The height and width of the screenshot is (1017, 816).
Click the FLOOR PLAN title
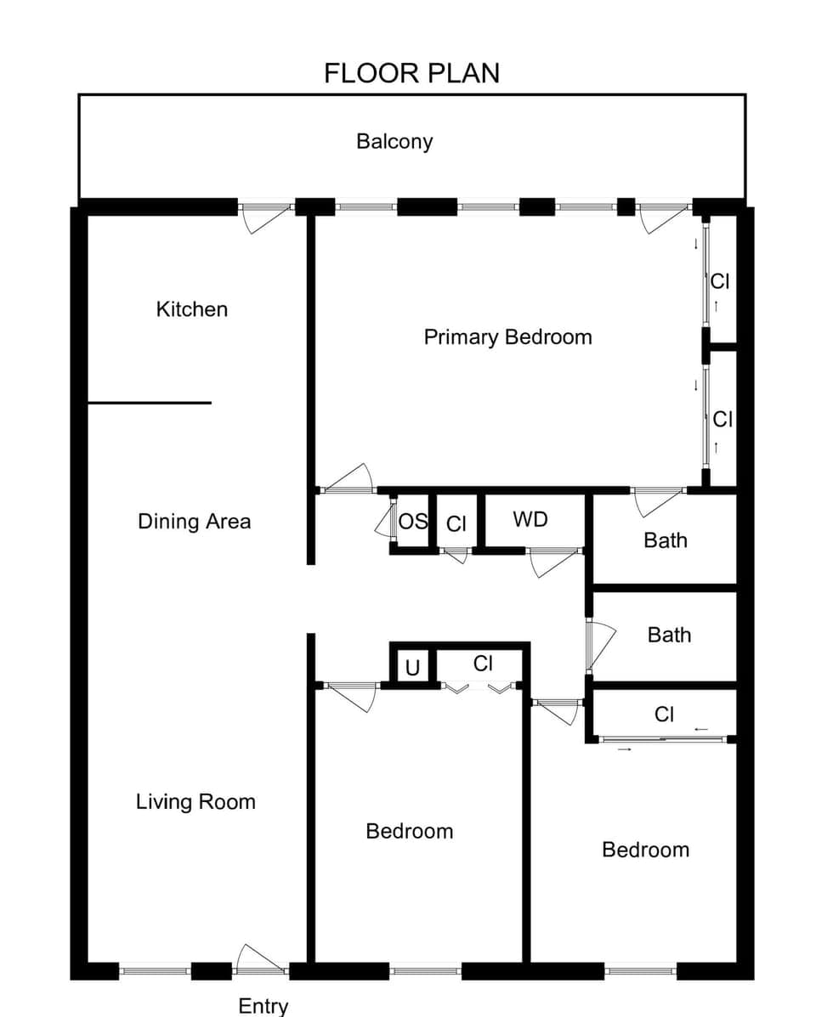[411, 73]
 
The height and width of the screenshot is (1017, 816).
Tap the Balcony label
[394, 141]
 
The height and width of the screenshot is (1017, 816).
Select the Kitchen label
[192, 309]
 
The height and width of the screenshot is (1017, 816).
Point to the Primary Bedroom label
[507, 337]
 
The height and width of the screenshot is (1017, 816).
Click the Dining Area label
[194, 521]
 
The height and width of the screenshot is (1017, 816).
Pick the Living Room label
[195, 801]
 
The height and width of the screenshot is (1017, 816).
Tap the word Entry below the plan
[263, 1006]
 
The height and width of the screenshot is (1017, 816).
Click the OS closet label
[413, 522]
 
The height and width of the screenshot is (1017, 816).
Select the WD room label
[530, 519]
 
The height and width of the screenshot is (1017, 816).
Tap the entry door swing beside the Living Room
[259, 958]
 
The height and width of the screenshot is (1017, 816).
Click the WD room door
[553, 562]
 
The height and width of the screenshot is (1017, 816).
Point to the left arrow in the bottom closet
[701, 729]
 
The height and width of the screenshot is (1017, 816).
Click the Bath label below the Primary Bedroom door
[666, 540]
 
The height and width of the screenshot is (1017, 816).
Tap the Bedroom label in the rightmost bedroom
[645, 850]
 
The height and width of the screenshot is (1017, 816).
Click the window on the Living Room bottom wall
[155, 970]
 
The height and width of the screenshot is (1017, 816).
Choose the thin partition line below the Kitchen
[150, 403]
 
